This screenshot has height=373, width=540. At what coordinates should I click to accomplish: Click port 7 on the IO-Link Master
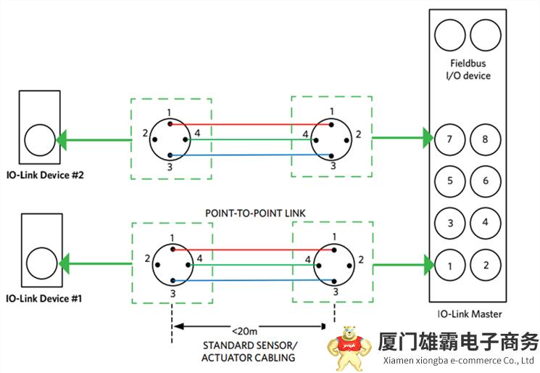coord(449,139)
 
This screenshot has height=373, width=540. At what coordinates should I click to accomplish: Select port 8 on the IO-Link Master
coord(485,139)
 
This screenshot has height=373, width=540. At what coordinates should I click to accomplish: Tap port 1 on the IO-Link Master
coord(449,266)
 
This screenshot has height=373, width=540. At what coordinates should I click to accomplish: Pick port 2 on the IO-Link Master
coord(485,266)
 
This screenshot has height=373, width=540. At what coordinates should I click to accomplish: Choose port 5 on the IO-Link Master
coord(449,181)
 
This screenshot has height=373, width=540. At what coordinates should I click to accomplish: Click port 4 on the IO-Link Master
coord(485,223)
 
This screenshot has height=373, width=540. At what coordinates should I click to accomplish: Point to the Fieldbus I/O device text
coord(468,70)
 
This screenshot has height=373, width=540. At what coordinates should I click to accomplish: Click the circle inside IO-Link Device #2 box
coord(38,139)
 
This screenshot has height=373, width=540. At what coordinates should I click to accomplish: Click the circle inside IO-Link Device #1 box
coord(38,263)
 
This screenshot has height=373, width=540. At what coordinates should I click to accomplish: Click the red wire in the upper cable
coord(250,124)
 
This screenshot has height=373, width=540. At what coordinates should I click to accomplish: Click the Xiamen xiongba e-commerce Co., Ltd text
coord(457,361)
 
